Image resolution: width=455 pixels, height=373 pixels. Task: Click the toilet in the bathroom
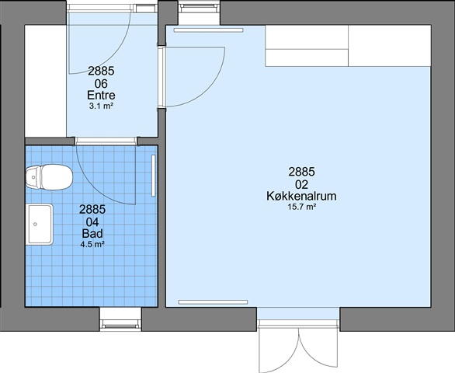click(x=49, y=177)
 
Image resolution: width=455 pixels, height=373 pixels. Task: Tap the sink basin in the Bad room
click(x=40, y=224)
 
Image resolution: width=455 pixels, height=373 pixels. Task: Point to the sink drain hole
click(x=36, y=225)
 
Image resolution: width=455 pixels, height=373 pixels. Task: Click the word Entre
click(x=101, y=96)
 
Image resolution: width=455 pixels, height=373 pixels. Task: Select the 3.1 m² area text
click(x=101, y=106)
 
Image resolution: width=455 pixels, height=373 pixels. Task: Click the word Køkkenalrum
click(x=301, y=197)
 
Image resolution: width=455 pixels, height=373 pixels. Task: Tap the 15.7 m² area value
click(x=301, y=207)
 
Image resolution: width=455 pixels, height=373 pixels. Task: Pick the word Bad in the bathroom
click(x=92, y=234)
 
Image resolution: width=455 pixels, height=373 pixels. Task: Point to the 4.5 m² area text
click(x=92, y=245)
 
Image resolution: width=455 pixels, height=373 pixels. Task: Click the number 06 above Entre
click(x=101, y=84)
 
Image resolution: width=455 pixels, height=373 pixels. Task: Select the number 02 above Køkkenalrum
click(x=301, y=184)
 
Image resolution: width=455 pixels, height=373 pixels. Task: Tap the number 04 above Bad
click(x=92, y=222)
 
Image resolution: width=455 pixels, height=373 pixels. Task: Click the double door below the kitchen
click(x=299, y=346)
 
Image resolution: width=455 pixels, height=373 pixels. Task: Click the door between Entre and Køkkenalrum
click(x=192, y=77)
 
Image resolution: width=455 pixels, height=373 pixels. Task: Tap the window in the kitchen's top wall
click(x=199, y=7)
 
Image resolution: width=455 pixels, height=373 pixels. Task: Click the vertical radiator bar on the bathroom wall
click(x=154, y=176)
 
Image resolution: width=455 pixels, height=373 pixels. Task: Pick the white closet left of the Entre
click(x=46, y=81)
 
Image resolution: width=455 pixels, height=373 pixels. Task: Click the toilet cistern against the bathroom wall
click(x=33, y=177)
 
